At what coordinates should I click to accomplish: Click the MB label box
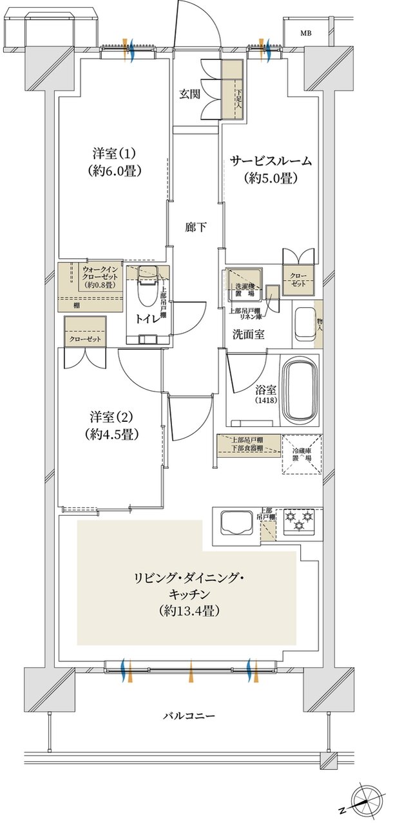click(x=305, y=32)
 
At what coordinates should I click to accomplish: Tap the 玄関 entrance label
click(x=189, y=94)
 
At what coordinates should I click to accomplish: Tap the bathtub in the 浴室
click(x=302, y=390)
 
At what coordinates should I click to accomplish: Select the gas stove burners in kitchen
click(x=300, y=520)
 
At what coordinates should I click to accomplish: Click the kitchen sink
click(x=237, y=522)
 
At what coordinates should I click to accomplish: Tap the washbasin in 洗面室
click(x=302, y=324)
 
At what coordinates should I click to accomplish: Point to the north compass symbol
click(x=363, y=800)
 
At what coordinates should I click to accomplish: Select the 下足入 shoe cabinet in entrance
click(x=232, y=90)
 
